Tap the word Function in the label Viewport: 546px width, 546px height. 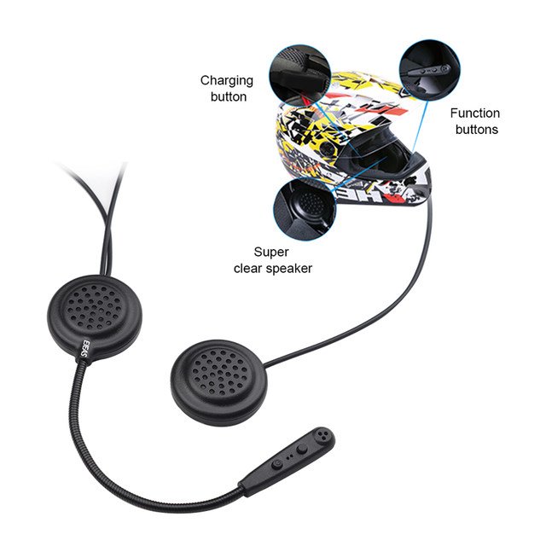coord(474,113)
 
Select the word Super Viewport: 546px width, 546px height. coord(271,252)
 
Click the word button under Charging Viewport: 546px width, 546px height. coord(227,96)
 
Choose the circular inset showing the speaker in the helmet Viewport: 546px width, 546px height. coord(306,210)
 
